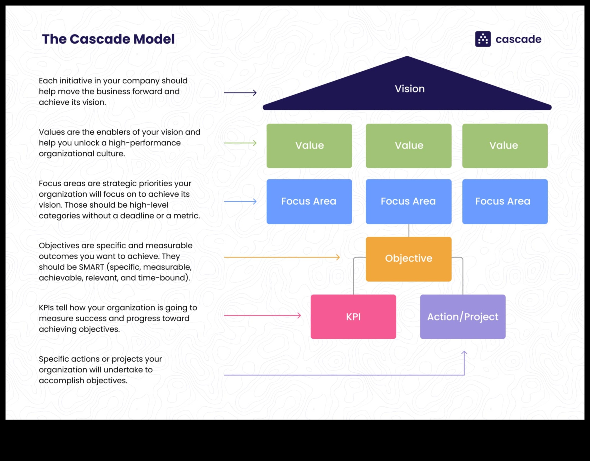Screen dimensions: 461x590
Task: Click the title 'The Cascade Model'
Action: [x=108, y=39]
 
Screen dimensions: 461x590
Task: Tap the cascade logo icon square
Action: [x=483, y=39]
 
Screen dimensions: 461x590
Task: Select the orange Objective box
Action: [x=408, y=259]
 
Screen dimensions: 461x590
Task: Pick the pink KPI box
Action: [x=353, y=317]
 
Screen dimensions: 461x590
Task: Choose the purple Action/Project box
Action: [x=463, y=317]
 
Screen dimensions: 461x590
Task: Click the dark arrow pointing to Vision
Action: [x=240, y=92]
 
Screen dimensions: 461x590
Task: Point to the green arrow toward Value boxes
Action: [x=240, y=143]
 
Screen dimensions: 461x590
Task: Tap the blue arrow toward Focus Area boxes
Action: [x=240, y=202]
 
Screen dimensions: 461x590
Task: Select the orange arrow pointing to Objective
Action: [x=282, y=257]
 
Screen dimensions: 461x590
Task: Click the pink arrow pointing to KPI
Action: [x=262, y=315]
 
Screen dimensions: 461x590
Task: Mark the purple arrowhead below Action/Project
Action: [x=464, y=353]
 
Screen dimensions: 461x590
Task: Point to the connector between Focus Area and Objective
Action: [x=409, y=230]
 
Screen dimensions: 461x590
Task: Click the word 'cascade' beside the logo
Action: [x=518, y=39]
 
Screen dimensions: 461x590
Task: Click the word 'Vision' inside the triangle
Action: [x=410, y=89]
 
